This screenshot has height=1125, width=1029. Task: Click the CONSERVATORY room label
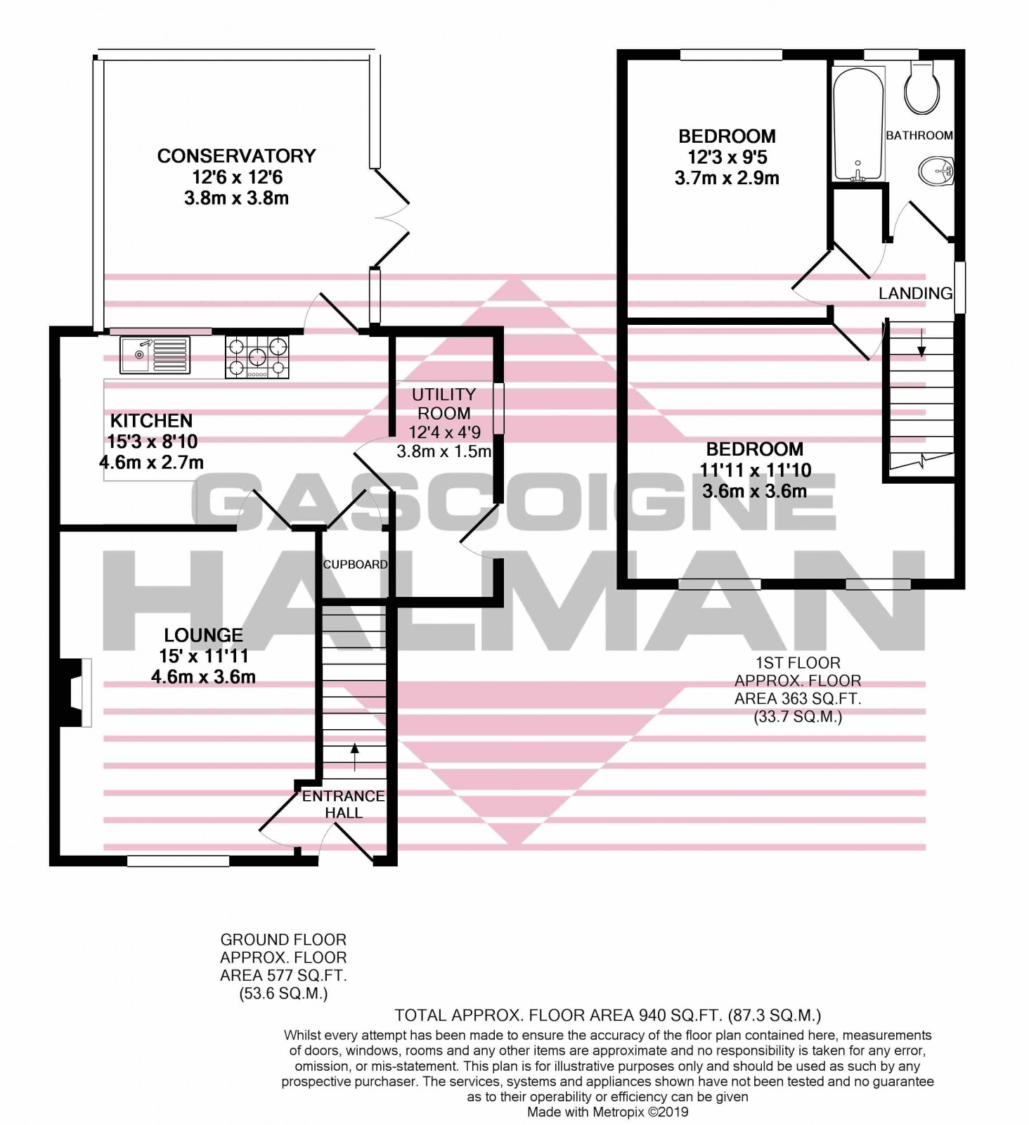point(236,155)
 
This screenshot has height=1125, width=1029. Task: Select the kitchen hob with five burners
point(257,357)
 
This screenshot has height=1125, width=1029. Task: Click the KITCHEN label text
point(151,420)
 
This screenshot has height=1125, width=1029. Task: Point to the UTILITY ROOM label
point(444,404)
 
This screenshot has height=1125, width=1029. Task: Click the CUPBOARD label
point(355,564)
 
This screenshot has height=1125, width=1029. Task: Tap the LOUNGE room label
point(203,635)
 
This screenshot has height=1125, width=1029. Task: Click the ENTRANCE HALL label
point(344,804)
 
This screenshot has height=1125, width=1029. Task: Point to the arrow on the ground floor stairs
point(354,756)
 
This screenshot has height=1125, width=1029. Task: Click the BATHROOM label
point(919,135)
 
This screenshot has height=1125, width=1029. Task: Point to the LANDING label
point(915,293)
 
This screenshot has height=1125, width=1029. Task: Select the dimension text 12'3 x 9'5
point(727,157)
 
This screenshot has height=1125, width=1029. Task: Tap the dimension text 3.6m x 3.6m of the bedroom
point(754,491)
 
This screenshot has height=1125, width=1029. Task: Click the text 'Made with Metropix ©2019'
point(608,1112)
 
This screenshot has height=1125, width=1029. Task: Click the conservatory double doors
point(390,218)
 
